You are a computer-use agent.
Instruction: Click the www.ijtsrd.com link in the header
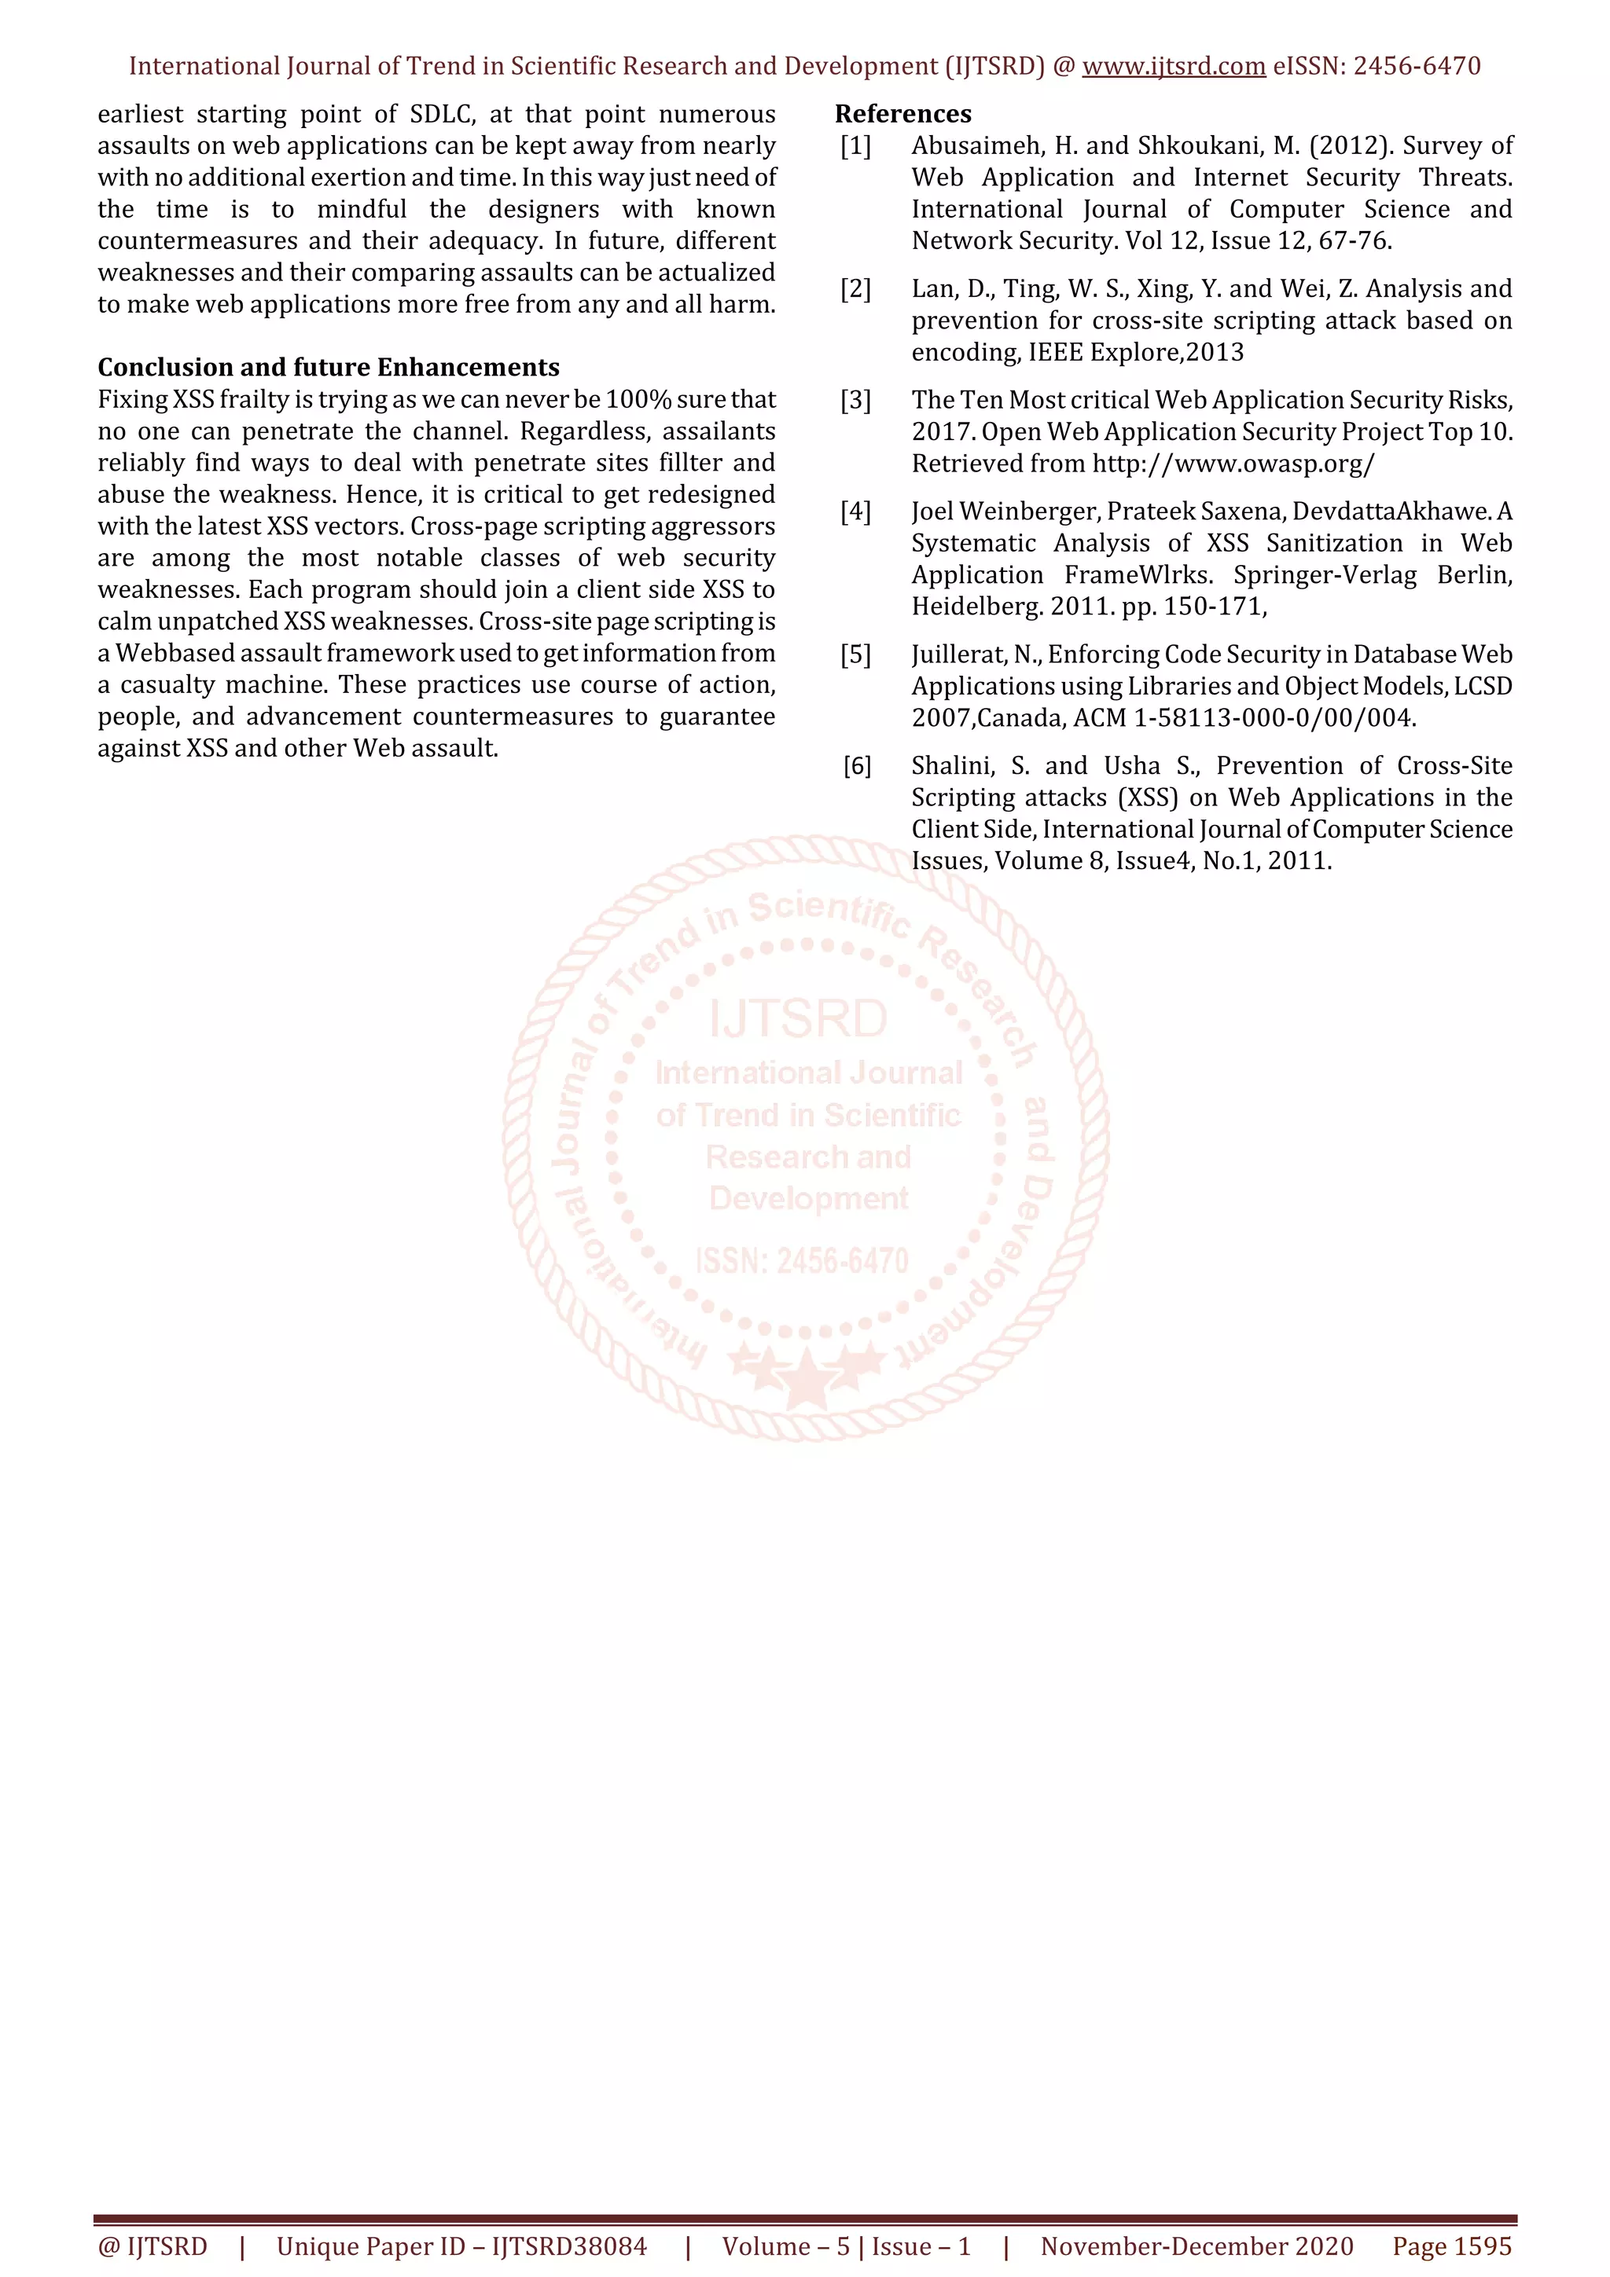(1173, 67)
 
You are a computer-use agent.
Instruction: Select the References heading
(902, 114)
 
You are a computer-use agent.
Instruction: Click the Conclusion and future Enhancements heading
(329, 368)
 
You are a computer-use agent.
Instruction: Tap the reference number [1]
(855, 147)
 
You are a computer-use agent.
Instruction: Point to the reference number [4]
(855, 511)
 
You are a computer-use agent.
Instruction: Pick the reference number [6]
(857, 765)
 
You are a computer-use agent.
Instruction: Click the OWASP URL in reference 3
(1233, 464)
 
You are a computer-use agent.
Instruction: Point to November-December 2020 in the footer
(1196, 2246)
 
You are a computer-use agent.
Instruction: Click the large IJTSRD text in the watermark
(798, 1020)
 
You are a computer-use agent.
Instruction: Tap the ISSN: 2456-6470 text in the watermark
(802, 1260)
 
